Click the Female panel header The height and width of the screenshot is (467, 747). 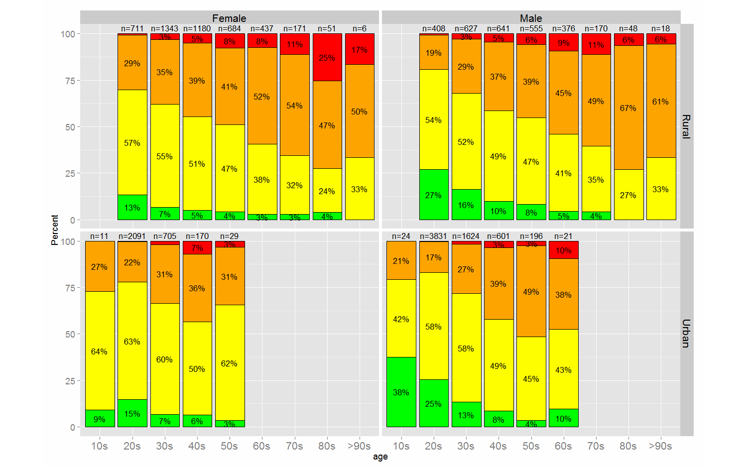point(229,18)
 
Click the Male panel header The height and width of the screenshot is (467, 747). point(531,18)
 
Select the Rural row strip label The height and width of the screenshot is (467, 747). point(686,126)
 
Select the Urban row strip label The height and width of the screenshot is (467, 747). point(686,334)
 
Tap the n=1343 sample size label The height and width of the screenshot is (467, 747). point(164,29)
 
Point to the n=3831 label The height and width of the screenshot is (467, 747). point(433,236)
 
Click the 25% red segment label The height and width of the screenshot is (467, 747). point(327,58)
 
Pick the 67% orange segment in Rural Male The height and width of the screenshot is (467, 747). point(628,108)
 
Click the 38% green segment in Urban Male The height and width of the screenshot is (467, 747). point(401,392)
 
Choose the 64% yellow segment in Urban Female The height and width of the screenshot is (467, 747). point(99,351)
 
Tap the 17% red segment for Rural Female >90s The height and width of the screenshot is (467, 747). point(359,50)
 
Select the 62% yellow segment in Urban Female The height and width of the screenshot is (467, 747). point(229,363)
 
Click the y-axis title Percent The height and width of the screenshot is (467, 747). point(55,230)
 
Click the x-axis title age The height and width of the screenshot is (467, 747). point(380,457)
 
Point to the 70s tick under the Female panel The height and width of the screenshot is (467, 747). point(294,446)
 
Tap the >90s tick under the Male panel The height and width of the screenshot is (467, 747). point(660,446)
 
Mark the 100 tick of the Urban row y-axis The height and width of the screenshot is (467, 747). point(68,241)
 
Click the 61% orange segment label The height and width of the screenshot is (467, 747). point(660,102)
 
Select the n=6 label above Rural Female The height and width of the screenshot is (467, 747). point(359,29)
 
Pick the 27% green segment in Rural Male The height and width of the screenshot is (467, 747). point(433,195)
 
